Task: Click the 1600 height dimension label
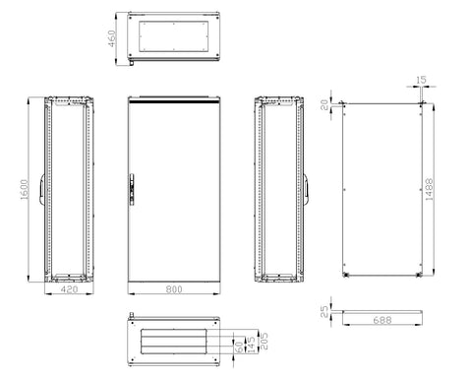25,189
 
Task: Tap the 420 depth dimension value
69,289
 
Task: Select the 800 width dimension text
174,289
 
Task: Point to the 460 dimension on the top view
112,38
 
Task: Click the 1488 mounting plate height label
429,189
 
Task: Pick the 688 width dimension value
383,320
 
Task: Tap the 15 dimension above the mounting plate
421,80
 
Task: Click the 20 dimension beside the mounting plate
324,104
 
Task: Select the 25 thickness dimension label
324,311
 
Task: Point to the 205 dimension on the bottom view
264,341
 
